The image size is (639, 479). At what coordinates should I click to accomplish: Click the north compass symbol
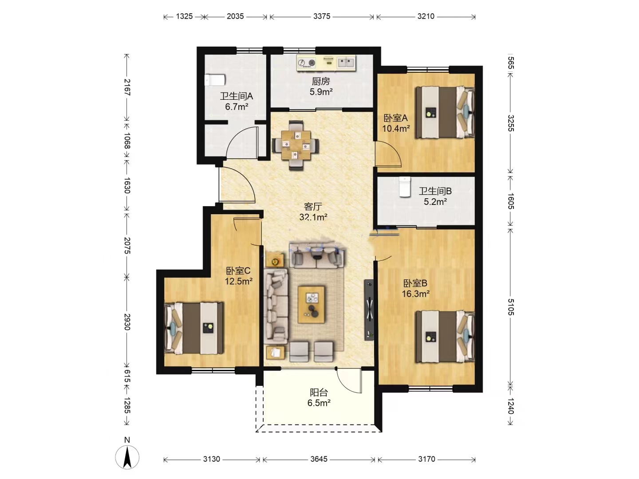(x=127, y=457)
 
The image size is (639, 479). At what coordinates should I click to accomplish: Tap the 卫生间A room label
(x=236, y=96)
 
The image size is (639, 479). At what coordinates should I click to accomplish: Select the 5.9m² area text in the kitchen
(x=321, y=92)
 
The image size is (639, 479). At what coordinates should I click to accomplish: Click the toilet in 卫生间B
(x=404, y=187)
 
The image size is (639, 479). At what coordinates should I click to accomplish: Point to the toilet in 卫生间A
(x=215, y=80)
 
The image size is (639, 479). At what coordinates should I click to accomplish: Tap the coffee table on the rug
(x=311, y=305)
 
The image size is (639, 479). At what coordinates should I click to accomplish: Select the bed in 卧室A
(x=445, y=112)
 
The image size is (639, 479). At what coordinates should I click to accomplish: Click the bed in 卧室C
(x=194, y=328)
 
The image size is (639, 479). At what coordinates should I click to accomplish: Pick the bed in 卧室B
(x=445, y=337)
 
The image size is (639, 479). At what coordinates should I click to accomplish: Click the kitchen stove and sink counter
(x=326, y=63)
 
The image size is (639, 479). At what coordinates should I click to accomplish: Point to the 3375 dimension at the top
(x=322, y=16)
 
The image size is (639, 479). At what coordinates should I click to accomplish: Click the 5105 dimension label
(x=511, y=307)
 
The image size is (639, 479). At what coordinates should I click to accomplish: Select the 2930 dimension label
(x=127, y=322)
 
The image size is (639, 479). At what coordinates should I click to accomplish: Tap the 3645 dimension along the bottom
(x=319, y=459)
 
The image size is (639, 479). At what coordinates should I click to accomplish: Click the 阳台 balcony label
(x=319, y=393)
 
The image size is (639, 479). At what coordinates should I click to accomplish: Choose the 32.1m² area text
(x=313, y=217)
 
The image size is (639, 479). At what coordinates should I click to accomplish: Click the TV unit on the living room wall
(x=369, y=310)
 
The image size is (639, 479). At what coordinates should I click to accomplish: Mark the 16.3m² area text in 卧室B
(x=415, y=294)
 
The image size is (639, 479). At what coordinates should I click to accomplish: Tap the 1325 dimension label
(x=184, y=16)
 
